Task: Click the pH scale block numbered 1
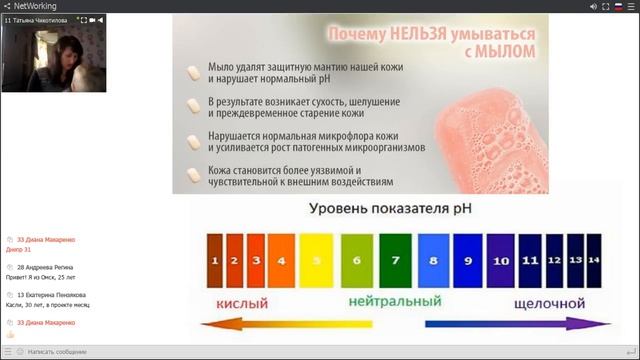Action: click(214, 260)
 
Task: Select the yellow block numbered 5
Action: click(316, 260)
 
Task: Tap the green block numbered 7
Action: click(395, 260)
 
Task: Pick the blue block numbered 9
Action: click(467, 260)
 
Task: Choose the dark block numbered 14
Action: click(594, 260)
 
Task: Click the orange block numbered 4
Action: click(281, 260)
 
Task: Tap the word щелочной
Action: click(549, 302)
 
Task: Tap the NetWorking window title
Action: click(35, 6)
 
